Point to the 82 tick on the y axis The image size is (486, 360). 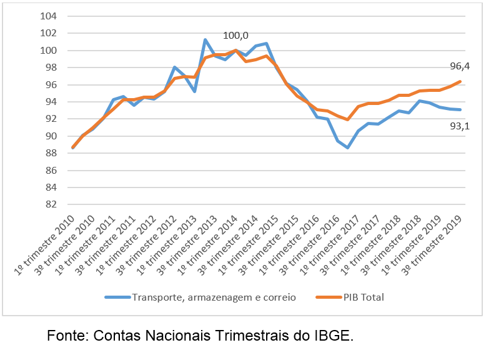[50, 204]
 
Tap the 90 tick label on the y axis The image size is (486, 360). [50, 136]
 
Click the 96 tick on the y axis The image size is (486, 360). [50, 85]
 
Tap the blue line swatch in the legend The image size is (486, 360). [117, 297]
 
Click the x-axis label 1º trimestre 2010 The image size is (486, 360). [48, 244]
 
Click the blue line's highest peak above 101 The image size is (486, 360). [205, 39]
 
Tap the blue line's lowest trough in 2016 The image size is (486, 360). [347, 147]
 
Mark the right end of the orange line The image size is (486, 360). [460, 81]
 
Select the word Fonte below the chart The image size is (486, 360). [66, 336]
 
